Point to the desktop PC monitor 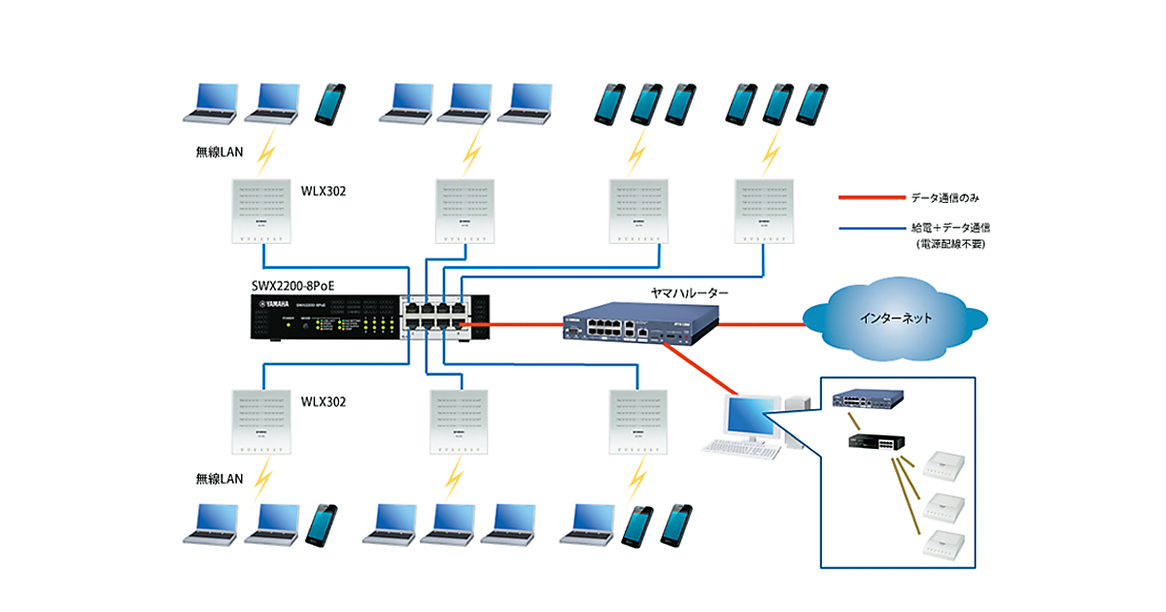click(752, 416)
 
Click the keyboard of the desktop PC click(740, 448)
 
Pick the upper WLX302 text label click(324, 191)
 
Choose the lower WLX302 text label click(324, 401)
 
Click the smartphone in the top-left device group click(330, 104)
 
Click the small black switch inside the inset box click(874, 443)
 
